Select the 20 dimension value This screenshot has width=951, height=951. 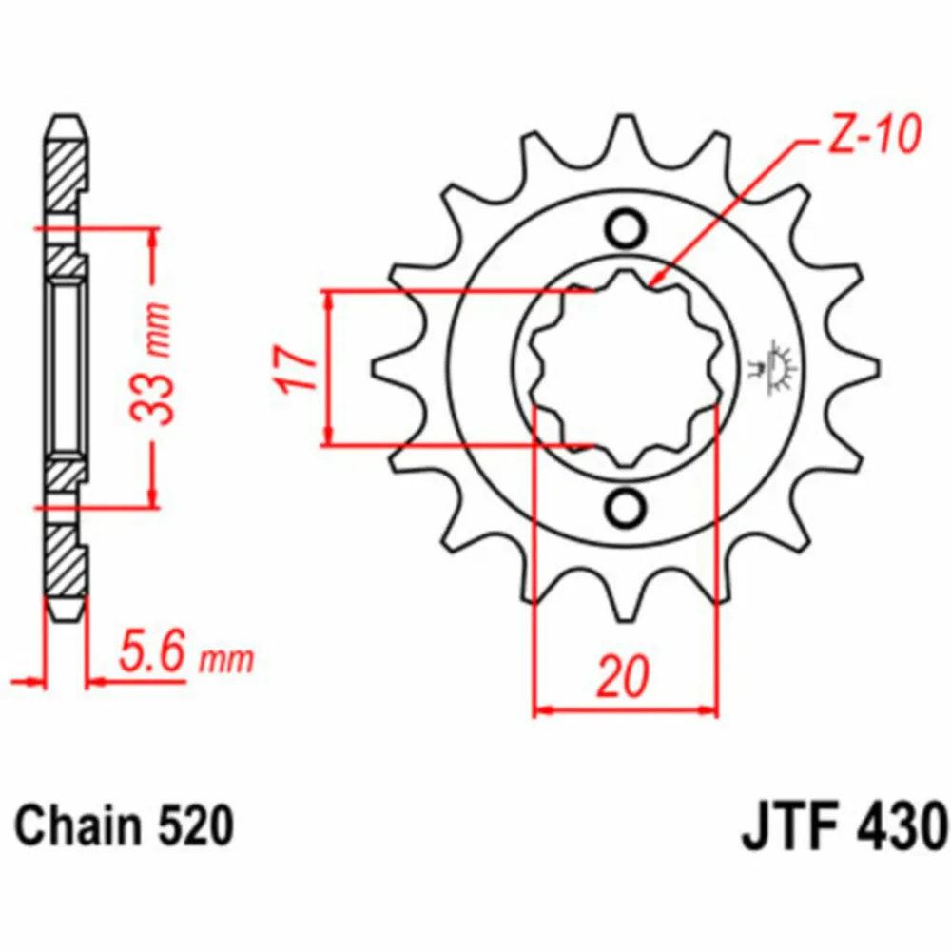tap(623, 675)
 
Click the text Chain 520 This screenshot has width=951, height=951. tap(125, 825)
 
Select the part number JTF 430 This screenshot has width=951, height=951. tap(843, 826)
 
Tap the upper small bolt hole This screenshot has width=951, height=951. tap(626, 228)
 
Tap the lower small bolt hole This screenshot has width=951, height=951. tap(626, 508)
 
